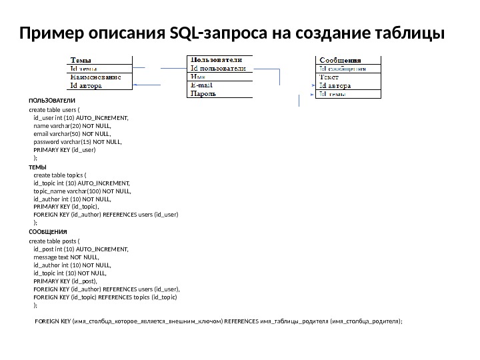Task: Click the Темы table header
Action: (x=82, y=59)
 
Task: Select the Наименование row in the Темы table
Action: (x=96, y=76)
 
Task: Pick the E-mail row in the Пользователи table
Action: (x=202, y=85)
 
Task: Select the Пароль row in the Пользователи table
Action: (x=203, y=93)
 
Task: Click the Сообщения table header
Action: (x=342, y=59)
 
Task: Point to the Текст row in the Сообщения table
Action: (x=331, y=76)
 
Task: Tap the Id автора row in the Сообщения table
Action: (x=335, y=85)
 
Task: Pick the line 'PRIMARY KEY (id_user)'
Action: (x=65, y=150)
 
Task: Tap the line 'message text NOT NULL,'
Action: (x=66, y=256)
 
